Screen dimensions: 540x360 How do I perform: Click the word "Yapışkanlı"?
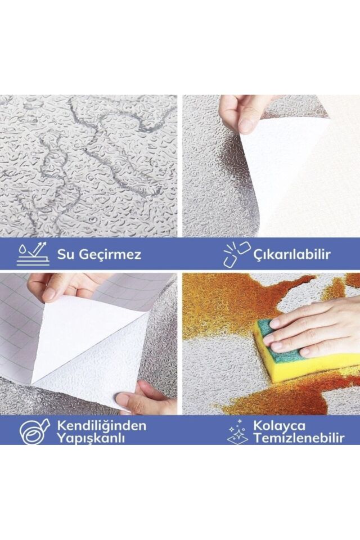point(90,438)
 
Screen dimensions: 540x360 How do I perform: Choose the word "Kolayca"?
point(280,425)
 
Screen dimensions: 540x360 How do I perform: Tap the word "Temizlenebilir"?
point(298,438)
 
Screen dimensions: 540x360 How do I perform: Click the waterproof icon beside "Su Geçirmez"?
point(33,254)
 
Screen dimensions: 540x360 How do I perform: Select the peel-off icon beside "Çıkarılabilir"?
point(237,254)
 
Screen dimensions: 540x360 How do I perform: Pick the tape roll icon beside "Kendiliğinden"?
point(35,431)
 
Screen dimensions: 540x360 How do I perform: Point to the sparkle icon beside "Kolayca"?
point(237,431)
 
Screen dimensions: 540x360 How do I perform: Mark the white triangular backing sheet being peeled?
point(84,332)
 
